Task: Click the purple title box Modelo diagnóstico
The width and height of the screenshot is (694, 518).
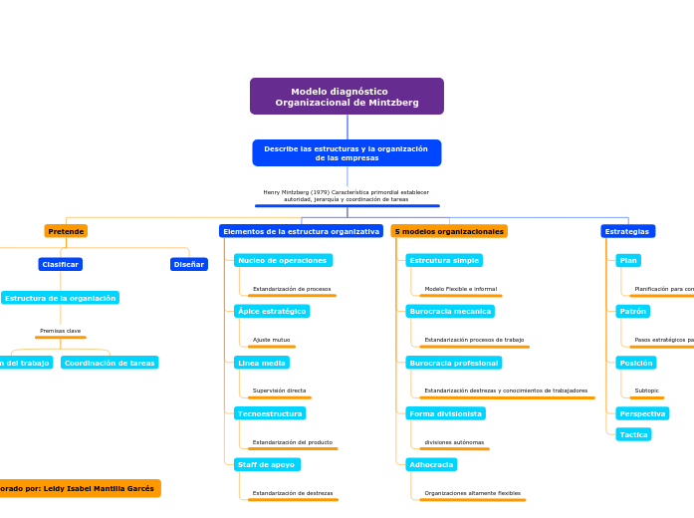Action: (x=347, y=97)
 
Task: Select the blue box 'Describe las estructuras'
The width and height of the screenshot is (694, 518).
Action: (x=347, y=153)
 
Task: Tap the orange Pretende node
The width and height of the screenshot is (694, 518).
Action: (x=66, y=231)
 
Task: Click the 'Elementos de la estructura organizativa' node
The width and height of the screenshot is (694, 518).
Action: (x=301, y=231)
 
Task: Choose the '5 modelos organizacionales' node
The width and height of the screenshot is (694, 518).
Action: (x=449, y=231)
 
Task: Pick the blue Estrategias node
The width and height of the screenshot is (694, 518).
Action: (x=627, y=231)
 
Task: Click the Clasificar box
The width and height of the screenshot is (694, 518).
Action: (x=60, y=264)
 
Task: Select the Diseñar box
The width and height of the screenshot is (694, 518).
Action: (x=189, y=264)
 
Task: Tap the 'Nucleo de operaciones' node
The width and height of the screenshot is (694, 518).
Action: (x=283, y=260)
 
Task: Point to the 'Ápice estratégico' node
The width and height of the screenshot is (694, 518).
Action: (x=272, y=311)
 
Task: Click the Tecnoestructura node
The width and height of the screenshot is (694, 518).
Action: (x=270, y=412)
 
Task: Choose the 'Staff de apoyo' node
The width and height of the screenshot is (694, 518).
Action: (x=267, y=464)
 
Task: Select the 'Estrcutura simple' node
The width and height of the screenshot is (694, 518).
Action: (x=444, y=260)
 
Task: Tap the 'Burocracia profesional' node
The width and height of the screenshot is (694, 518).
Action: (x=453, y=363)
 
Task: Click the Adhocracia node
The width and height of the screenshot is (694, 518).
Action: (x=431, y=464)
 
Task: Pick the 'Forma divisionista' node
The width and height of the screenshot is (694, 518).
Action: (x=445, y=412)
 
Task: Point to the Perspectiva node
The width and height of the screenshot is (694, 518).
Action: (x=642, y=413)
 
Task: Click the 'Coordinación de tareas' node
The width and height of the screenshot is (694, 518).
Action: (x=110, y=363)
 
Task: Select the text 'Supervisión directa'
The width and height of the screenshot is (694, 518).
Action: (x=279, y=390)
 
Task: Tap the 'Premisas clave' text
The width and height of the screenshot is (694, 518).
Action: (x=60, y=331)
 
